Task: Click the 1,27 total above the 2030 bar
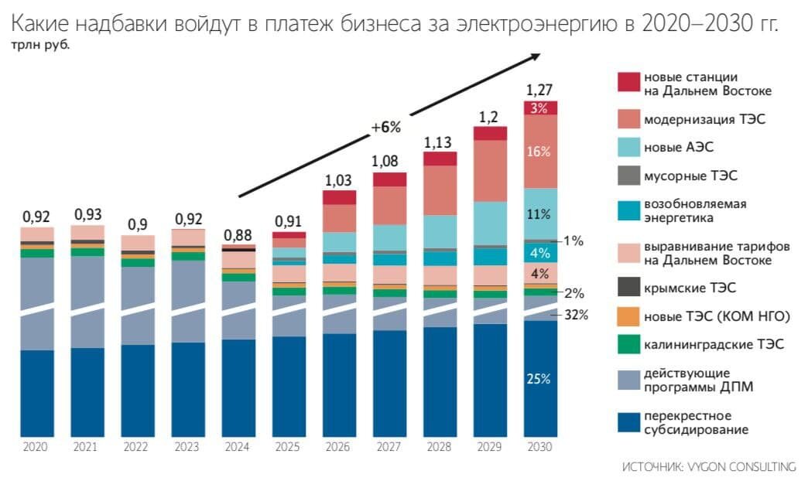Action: click(540, 89)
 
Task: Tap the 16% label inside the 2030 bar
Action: click(539, 152)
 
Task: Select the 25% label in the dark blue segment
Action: click(539, 379)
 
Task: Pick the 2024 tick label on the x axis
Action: click(237, 447)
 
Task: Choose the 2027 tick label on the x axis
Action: click(389, 447)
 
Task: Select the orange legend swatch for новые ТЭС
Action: click(629, 316)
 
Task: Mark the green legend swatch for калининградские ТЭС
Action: click(629, 343)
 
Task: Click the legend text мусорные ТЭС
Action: click(691, 176)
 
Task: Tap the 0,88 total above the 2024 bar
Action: click(237, 234)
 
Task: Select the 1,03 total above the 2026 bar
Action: click(338, 179)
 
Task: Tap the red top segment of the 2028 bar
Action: click(439, 159)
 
